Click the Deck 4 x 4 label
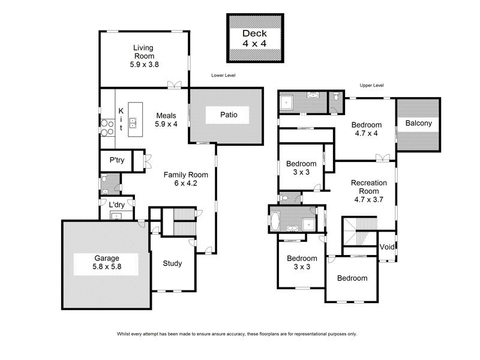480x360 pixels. coord(254,38)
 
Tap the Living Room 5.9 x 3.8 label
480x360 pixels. coord(144,55)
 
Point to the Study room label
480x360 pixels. coord(172,263)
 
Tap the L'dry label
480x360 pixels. coord(116,206)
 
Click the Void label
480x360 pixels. coord(386,248)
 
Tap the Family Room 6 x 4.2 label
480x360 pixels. coord(186,179)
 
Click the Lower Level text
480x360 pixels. coord(223,76)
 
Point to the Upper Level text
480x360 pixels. coord(371,86)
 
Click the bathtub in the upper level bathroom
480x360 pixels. coord(275,221)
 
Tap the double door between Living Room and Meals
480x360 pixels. coord(175,85)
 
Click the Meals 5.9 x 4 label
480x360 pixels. coord(166,120)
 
